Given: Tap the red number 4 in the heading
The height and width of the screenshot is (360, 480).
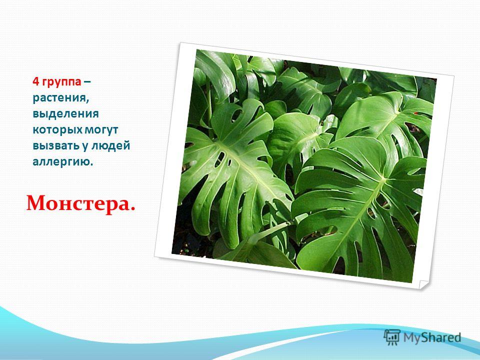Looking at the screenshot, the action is [36, 81].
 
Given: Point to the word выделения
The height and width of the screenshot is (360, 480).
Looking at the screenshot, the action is [66, 114].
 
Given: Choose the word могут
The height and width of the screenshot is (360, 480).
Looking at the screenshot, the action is [101, 130].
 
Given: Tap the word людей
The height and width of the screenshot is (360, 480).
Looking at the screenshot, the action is [110, 146].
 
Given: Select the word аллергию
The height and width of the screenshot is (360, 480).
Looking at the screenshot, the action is [61, 162].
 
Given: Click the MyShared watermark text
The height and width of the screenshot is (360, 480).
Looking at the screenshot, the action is [432, 337].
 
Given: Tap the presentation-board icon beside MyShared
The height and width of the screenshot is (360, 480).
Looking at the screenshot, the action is [392, 337].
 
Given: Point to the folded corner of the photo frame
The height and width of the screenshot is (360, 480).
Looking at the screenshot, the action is [424, 285].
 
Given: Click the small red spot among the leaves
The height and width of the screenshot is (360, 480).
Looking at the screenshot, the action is [416, 113].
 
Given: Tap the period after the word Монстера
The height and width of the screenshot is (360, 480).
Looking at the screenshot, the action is [132, 209].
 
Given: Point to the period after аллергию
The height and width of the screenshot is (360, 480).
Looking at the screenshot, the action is [91, 164].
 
